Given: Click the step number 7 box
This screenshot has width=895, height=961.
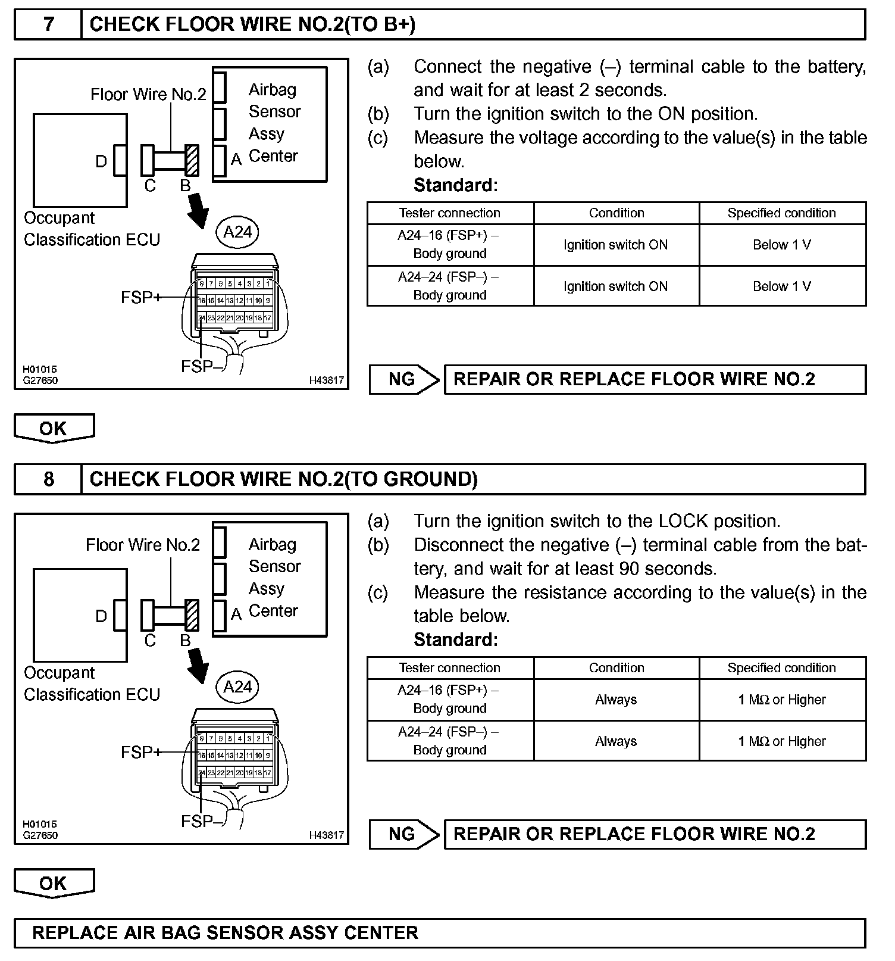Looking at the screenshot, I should click(x=48, y=24).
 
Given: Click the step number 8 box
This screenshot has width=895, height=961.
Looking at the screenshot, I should click(x=48, y=479).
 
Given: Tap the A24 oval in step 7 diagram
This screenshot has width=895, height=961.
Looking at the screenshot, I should click(x=237, y=232).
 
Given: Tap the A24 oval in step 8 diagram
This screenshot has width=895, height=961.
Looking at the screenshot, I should click(x=237, y=687).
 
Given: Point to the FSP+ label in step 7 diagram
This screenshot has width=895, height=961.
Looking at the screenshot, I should click(x=141, y=297).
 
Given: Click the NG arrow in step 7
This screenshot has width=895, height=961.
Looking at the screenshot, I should click(x=404, y=379).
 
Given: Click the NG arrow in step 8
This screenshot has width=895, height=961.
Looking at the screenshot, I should click(x=404, y=834).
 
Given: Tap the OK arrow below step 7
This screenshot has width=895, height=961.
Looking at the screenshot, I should click(x=54, y=429).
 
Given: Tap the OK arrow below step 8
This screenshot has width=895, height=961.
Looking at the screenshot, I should click(x=54, y=884).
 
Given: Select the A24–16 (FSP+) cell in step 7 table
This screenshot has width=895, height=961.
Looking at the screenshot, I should click(x=450, y=245).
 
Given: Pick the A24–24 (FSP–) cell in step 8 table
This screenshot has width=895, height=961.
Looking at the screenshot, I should click(x=450, y=741).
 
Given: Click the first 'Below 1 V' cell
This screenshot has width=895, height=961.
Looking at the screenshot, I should click(x=782, y=245).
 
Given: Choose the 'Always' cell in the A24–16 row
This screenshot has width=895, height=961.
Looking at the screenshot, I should click(x=616, y=700).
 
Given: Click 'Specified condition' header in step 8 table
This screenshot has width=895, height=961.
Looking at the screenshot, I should click(x=781, y=668).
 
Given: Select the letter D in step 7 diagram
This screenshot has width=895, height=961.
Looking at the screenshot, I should click(x=101, y=161).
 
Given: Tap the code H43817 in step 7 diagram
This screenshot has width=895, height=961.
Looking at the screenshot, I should click(x=326, y=380).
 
